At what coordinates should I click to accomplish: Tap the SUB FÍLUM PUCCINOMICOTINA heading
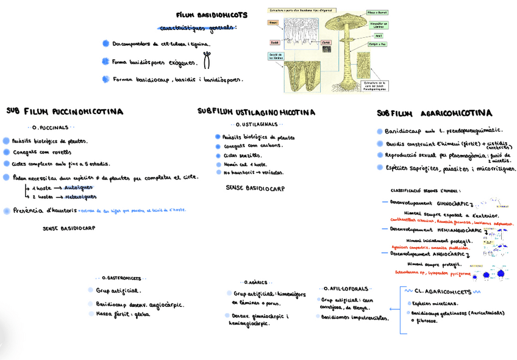pos(65,112)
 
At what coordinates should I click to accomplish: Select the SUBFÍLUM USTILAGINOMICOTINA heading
pos(256,112)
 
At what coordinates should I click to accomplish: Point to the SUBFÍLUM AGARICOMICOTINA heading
pos(434,113)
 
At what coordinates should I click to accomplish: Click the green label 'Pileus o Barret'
pos(377,12)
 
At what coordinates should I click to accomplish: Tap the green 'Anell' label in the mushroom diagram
pos(378,36)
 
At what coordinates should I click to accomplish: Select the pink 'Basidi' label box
pos(275,43)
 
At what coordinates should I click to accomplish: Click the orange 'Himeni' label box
pos(273,23)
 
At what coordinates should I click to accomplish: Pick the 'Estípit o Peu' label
pos(377,44)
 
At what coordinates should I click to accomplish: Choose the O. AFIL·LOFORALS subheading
pos(346,288)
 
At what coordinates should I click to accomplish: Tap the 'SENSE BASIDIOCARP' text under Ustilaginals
pos(255,189)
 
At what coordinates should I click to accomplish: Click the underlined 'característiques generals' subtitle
pos(196,28)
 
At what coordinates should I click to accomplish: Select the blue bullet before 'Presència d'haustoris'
pos(7,211)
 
